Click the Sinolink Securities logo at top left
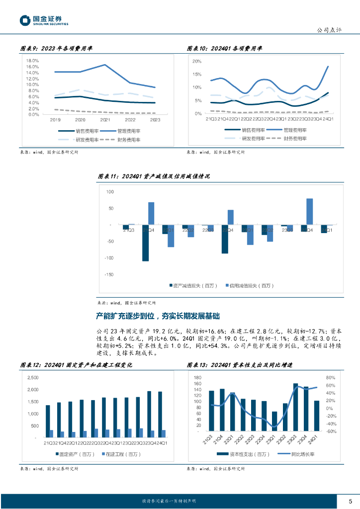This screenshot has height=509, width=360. pos(44,20)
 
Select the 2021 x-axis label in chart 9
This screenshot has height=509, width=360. pos(105,120)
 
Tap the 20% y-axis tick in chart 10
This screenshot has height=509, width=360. pos(197,61)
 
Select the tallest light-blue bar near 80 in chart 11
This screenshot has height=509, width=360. pos(309,212)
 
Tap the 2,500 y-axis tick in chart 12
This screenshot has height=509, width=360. pos(32,378)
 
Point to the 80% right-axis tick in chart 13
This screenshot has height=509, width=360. pos(331,378)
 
